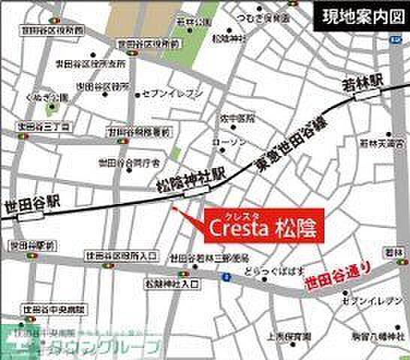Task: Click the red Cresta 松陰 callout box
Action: pyautogui.click(x=264, y=226)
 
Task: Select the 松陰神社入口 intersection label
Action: pyautogui.click(x=172, y=284)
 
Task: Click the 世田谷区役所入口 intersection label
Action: pyautogui.click(x=122, y=258)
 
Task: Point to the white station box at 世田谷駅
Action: pyautogui.click(x=31, y=215)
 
